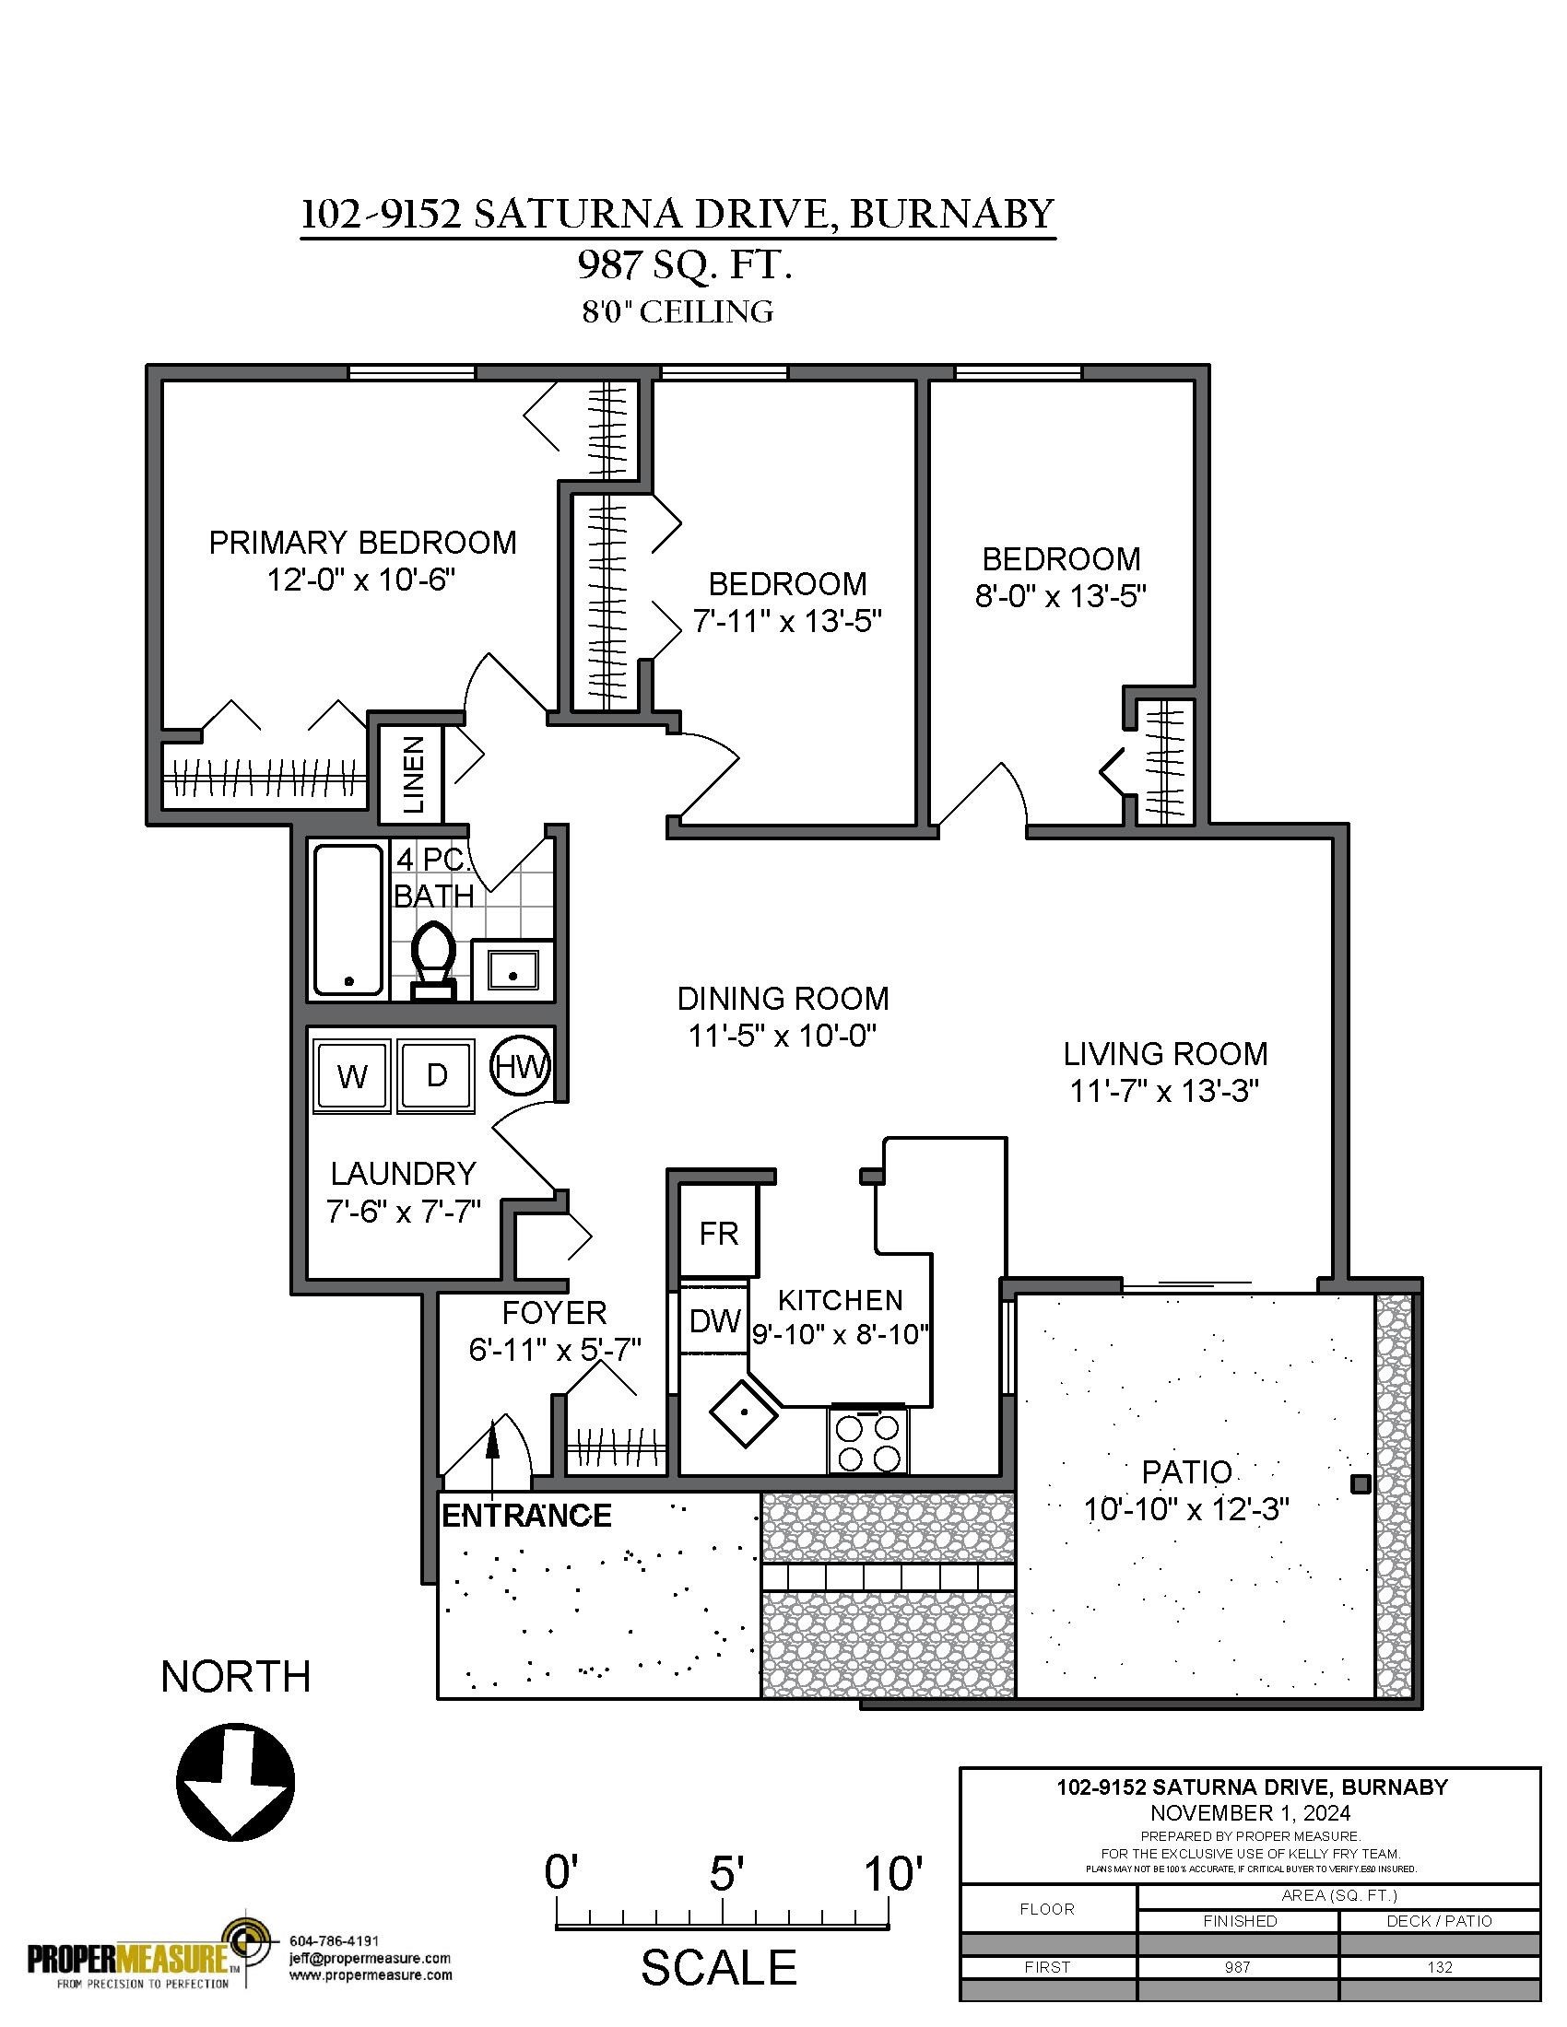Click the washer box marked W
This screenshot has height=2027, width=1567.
tap(352, 1075)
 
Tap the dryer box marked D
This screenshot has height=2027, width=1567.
tap(436, 1075)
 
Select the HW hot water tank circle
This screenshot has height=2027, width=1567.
tap(520, 1066)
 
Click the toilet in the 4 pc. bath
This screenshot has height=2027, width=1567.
tap(432, 960)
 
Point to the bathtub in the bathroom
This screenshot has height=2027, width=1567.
tap(348, 920)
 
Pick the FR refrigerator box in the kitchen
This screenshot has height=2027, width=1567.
tap(719, 1234)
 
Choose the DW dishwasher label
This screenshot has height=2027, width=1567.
tap(714, 1321)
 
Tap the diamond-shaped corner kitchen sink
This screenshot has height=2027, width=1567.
tap(744, 1412)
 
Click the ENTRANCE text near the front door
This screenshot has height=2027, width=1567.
tap(526, 1516)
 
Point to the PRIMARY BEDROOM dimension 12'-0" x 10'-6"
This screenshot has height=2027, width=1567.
tap(362, 580)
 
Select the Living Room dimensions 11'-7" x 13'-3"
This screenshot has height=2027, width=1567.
tap(1165, 1091)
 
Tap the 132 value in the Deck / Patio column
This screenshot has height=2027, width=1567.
tap(1439, 1968)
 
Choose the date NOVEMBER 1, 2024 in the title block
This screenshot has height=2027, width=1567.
tap(1251, 1812)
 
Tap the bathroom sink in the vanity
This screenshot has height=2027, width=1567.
tap(513, 970)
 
